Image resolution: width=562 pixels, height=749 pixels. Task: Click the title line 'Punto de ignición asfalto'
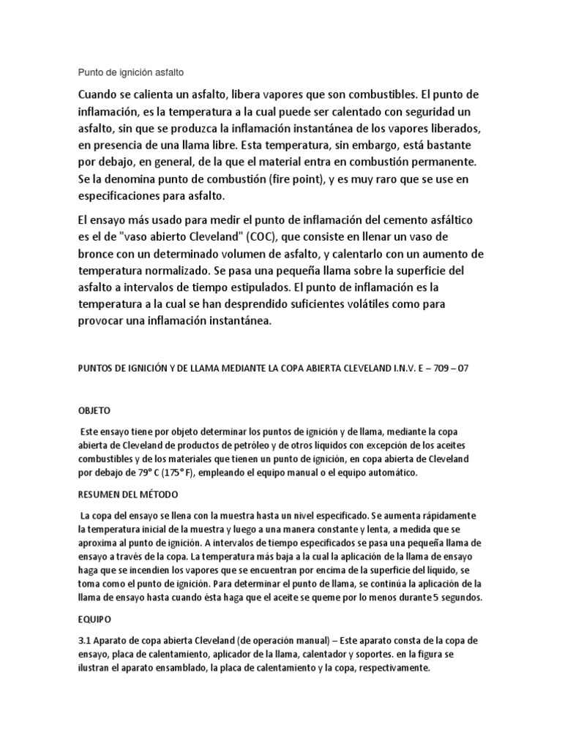[131, 73]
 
